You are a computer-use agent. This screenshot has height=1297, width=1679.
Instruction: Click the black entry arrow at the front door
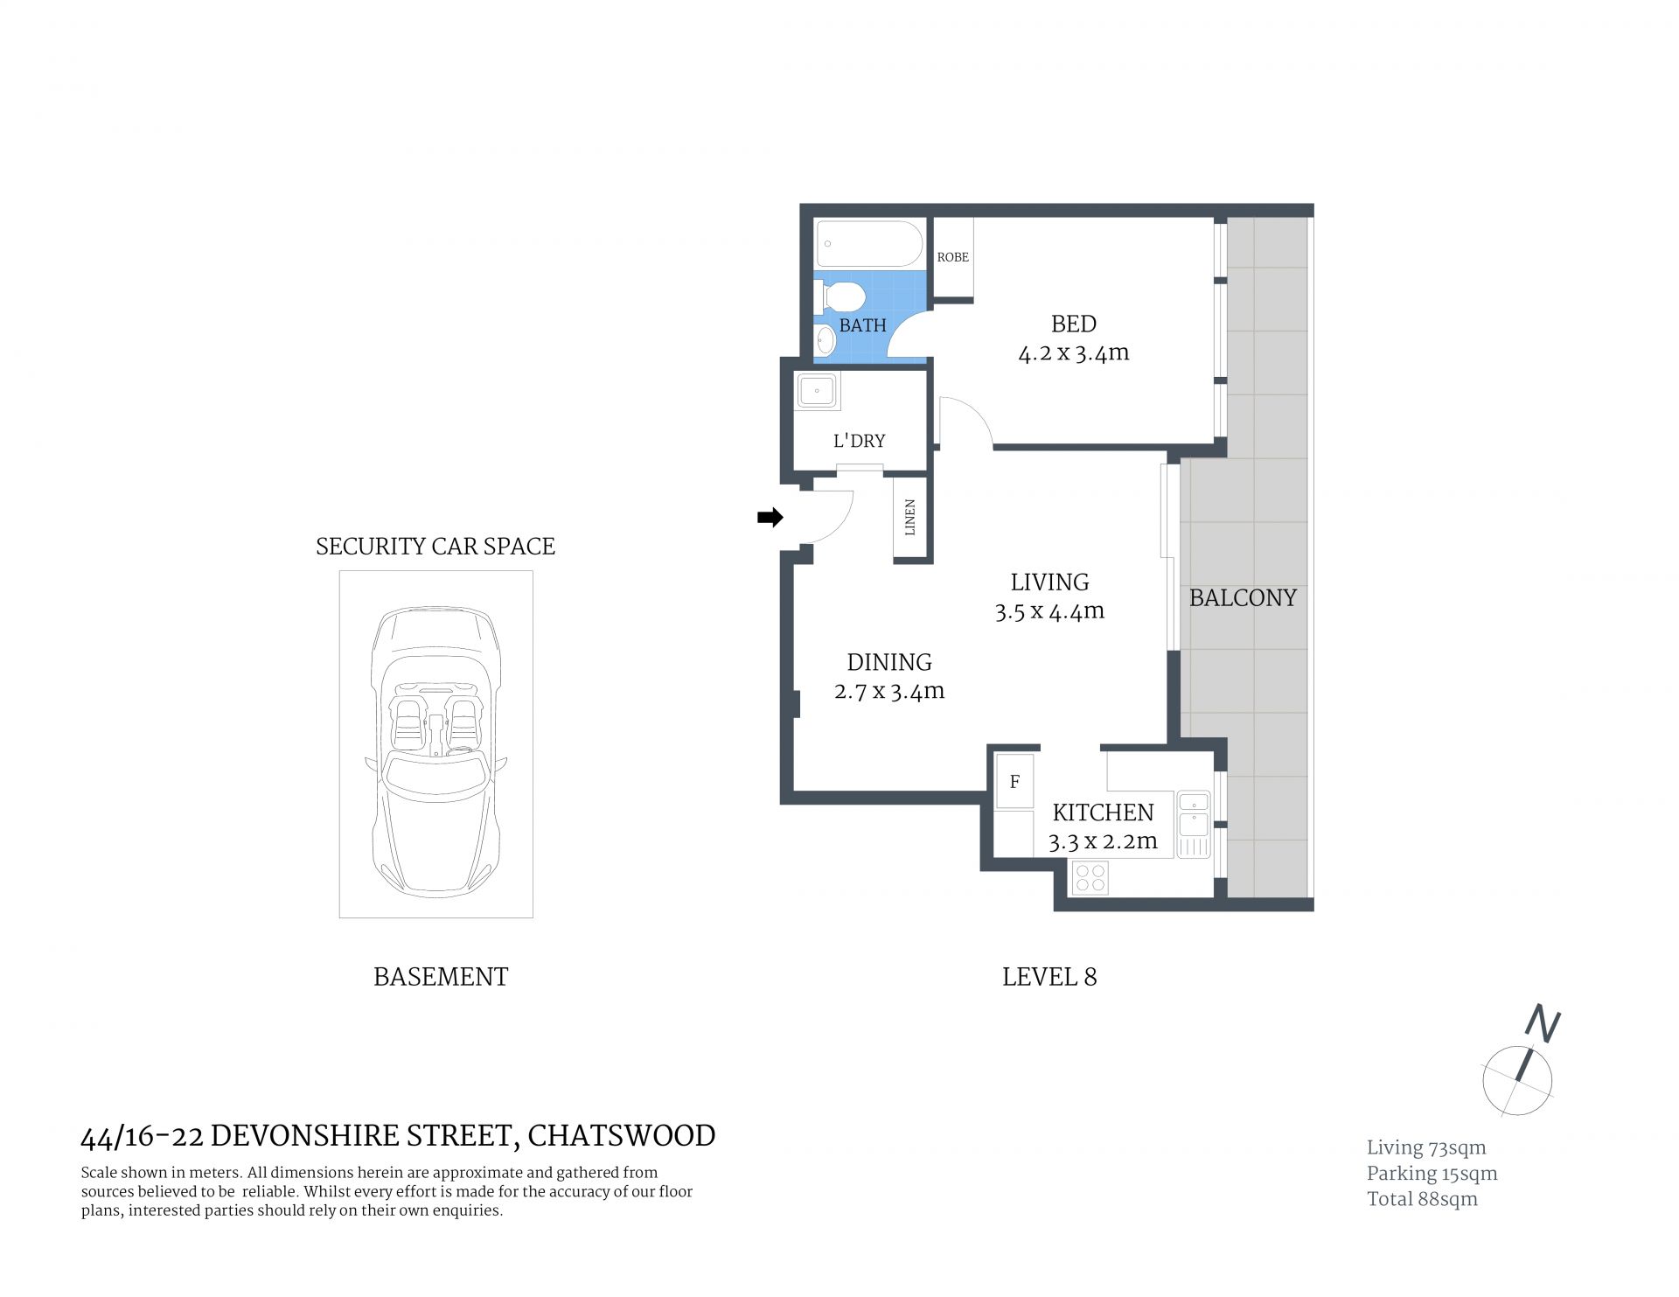coord(770,518)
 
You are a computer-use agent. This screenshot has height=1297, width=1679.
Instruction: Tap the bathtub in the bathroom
coord(869,244)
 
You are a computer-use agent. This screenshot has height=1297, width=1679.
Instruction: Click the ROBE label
coord(953,257)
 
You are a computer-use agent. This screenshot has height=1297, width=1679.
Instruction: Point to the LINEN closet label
coord(910,518)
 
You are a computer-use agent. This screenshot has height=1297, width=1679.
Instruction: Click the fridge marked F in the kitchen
coord(1015,781)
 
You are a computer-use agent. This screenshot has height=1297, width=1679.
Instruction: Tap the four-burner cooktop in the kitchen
coord(1090,877)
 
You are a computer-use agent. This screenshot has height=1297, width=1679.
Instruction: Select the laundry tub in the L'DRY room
coord(818,392)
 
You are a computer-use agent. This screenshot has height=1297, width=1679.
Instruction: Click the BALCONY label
coord(1243,598)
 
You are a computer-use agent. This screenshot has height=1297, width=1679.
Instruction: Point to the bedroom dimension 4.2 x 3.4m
coord(1074,353)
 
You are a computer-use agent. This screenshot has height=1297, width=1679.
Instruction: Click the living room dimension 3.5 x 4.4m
coord(1049,611)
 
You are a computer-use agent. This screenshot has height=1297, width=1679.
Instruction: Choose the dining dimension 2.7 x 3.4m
coord(889,691)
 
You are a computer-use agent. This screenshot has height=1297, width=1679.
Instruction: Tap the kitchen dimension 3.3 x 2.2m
coord(1103,841)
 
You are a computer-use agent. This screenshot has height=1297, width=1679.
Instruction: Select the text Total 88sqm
coord(1423,1199)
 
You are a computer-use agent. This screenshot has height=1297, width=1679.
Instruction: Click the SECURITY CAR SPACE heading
coord(435,547)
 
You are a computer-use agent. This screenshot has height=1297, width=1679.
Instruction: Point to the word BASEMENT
coord(441,977)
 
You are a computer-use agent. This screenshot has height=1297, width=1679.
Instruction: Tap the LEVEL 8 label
coord(1049,977)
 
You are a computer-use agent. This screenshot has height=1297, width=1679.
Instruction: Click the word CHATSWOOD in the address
coord(622,1135)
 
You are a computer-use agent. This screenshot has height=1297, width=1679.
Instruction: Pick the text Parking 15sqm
coord(1432,1174)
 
